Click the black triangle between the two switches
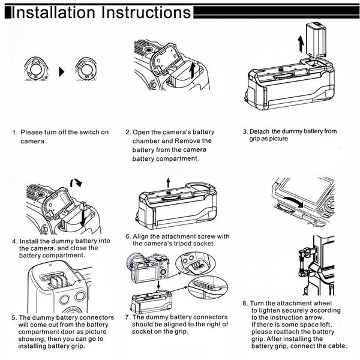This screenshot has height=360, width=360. (x=61, y=71)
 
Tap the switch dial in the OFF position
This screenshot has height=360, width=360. (x=86, y=70)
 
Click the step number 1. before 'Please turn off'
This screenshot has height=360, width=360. (x=14, y=132)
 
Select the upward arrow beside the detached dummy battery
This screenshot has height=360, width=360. (x=299, y=43)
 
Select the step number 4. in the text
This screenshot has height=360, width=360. (x=14, y=241)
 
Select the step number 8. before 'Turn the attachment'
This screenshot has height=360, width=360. (x=245, y=303)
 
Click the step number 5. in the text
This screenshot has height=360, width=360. (x=14, y=317)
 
